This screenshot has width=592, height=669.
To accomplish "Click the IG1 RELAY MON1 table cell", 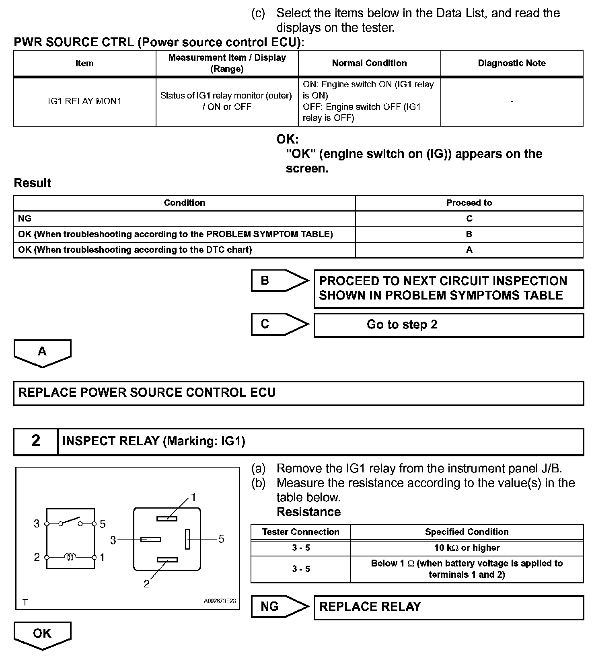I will coord(84,101).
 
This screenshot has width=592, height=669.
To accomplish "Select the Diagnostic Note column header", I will coord(512,63).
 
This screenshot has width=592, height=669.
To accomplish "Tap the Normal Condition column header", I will coord(369,63).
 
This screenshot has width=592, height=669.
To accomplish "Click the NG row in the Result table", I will coord(184,218).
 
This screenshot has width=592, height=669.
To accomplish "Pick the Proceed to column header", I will coord(469,203).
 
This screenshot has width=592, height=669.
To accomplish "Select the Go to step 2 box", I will coord(448,325).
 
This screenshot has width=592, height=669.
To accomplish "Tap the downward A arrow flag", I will coord(42,353).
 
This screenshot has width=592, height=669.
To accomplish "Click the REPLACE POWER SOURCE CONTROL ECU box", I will coord(298,393).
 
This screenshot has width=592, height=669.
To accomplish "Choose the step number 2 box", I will coord(36,441).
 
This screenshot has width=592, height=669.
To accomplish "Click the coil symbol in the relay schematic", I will coord(70,557).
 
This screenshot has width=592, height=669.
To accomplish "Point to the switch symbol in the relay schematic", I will coord(70,522).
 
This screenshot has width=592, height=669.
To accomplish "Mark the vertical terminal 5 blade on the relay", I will coord(187,539).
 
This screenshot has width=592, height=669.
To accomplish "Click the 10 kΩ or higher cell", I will coord(467,548).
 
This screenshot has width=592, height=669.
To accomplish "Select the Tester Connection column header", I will coord(300,532).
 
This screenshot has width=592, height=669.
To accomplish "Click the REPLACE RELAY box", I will coord(448,607).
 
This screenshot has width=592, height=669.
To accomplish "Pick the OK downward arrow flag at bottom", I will coord(42,635).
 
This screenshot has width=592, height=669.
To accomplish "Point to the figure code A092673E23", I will coord(220,601).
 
